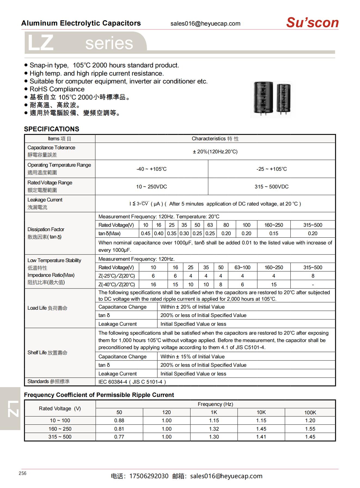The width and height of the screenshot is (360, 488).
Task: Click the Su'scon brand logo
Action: click(x=312, y=23)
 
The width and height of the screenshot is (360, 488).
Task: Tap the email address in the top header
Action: click(x=205, y=24)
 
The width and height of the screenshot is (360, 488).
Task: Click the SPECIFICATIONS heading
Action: click(x=51, y=129)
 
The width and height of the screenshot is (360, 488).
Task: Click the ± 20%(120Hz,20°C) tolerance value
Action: click(x=215, y=151)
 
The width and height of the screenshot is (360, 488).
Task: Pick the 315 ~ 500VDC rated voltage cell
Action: click(x=271, y=187)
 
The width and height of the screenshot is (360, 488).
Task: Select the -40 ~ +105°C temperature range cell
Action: click(x=151, y=169)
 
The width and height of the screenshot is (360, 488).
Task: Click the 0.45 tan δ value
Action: click(x=146, y=233)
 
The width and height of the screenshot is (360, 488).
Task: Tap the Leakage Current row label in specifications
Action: click(x=45, y=200)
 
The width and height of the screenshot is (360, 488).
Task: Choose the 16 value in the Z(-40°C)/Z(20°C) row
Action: click(x=153, y=284)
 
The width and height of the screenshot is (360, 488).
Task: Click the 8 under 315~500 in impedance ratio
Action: click(x=313, y=276)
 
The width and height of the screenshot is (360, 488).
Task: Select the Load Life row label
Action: click(x=47, y=308)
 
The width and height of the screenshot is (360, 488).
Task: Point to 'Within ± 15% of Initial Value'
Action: click(x=192, y=356)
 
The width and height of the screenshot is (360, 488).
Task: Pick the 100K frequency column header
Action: click(x=310, y=412)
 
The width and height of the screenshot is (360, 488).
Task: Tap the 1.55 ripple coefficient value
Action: click(x=310, y=429)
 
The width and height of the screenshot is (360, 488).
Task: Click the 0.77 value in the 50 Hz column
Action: click(x=119, y=437)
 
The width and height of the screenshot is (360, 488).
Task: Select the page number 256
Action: click(x=23, y=473)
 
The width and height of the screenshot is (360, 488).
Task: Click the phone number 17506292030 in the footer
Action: click(x=149, y=476)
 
